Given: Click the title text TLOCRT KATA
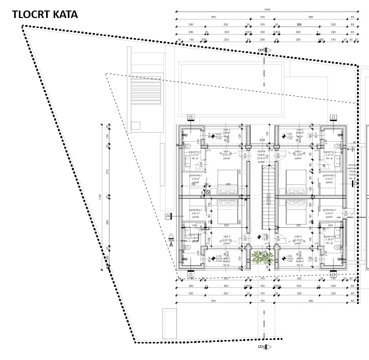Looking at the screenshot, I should pyautogui.click(x=45, y=15).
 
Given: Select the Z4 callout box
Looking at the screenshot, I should pyautogui.click(x=168, y=216).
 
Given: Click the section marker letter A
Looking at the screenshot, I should pyautogui.click(x=171, y=244).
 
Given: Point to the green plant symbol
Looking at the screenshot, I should pyautogui.click(x=262, y=257).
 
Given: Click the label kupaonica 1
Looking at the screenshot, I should pyautogui.click(x=195, y=152).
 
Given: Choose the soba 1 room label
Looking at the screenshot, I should pyautogui.click(x=226, y=153).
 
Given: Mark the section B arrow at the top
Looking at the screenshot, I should pyautogui.click(x=265, y=50).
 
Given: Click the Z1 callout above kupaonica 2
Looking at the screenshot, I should pyautogui.click(x=333, y=117).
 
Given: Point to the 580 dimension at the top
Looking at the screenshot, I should pyautogui.click(x=311, y=18).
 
